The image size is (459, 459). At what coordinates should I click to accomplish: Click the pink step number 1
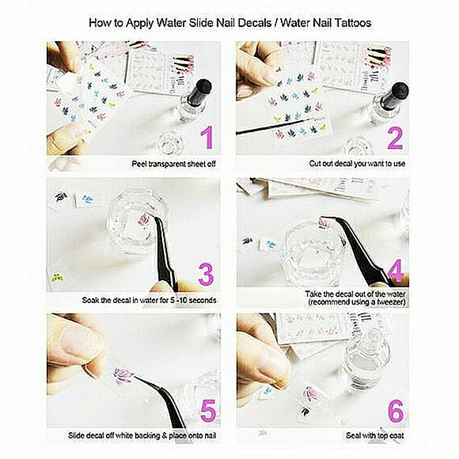pos(207,138)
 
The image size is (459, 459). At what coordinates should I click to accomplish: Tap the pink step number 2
pos(395,138)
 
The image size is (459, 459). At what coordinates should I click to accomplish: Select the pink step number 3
pos(206,275)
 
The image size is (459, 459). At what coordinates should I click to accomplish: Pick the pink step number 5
pos(208,411)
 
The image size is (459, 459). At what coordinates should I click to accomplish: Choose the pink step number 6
pos(396,411)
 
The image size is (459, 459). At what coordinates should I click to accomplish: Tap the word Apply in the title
pos(139,24)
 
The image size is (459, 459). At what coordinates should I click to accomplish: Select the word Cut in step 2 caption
pos(315,163)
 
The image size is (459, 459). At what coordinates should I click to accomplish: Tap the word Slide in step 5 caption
pos(76,435)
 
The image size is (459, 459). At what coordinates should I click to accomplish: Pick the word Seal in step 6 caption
pos(353,435)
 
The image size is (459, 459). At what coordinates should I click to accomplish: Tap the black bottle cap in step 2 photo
pos(395,93)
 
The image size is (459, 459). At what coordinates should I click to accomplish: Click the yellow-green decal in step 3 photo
pos(57,277)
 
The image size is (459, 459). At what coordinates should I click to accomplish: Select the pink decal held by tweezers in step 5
pos(123,375)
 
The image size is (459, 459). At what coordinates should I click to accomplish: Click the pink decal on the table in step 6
pos(311,394)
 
